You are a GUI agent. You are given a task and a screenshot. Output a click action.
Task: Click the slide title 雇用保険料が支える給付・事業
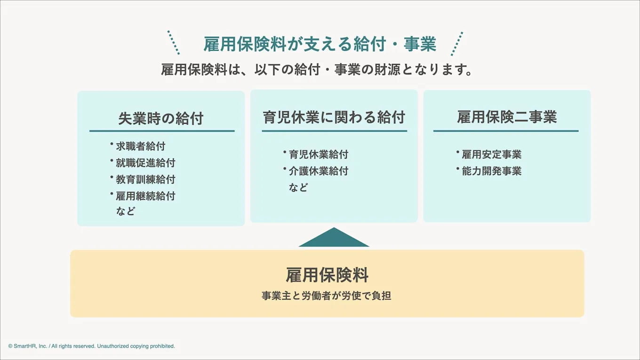tap(320, 44)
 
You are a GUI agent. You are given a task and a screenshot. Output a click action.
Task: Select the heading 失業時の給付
tap(160, 119)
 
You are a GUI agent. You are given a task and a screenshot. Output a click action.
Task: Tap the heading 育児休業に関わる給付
tap(334, 117)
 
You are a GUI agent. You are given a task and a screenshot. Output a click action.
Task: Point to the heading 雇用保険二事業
tap(507, 117)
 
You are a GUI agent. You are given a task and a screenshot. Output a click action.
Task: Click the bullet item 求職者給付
tap(140, 146)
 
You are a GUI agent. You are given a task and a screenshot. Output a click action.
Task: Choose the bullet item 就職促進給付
tap(145, 163)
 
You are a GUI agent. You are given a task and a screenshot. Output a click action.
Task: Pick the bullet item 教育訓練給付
tap(145, 179)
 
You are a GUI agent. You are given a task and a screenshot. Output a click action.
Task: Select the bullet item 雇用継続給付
tap(145, 196)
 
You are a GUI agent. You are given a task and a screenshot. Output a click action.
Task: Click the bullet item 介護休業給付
tap(319, 171)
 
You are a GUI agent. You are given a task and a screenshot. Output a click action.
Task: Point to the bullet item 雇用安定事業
tap(491, 155)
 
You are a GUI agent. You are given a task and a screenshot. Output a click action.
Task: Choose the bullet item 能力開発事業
tap(491, 171)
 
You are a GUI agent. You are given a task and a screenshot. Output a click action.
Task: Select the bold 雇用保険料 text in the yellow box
tap(327, 275)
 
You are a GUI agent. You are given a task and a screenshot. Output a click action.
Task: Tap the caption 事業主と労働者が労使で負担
tap(327, 296)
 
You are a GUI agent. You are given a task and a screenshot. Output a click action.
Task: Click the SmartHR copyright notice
tap(92, 346)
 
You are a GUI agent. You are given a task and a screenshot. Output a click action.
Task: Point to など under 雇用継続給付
tap(126, 211)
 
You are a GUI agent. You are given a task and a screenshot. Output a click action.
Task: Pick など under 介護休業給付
tap(298, 188)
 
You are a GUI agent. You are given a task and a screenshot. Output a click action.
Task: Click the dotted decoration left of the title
tap(174, 43)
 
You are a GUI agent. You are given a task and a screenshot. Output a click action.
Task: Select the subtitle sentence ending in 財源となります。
tap(317, 70)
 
